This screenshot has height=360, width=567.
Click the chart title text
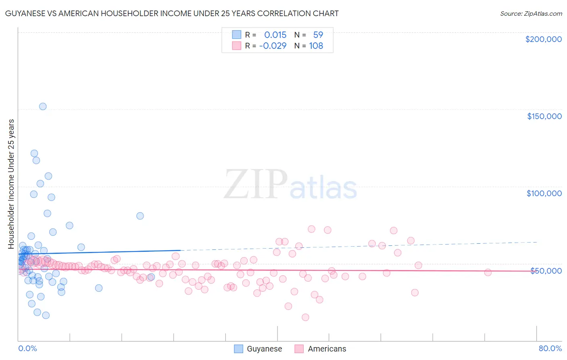tap(171, 13)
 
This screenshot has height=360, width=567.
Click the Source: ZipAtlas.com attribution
tap(531, 13)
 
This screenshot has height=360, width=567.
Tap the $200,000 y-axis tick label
tap(543, 39)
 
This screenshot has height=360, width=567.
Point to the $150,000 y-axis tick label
tap(544, 116)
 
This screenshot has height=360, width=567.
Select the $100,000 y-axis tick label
tap(544, 193)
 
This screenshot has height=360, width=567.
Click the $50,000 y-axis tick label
tap(546, 270)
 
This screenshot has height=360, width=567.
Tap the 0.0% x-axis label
tap(27, 348)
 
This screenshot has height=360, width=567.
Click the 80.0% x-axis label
tap(550, 348)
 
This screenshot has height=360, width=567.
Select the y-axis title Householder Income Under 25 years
tap(11, 184)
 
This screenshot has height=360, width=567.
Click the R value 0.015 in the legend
tap(275, 35)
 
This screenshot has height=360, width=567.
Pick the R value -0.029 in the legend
tap(273, 46)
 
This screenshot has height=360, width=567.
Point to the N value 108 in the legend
tap(316, 46)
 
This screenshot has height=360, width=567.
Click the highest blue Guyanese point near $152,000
tap(43, 107)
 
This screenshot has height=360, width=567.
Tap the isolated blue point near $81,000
tap(140, 216)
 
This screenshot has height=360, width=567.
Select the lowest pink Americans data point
tap(305, 317)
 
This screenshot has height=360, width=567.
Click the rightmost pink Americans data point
tap(488, 272)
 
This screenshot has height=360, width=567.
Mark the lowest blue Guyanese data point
tap(46, 315)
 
